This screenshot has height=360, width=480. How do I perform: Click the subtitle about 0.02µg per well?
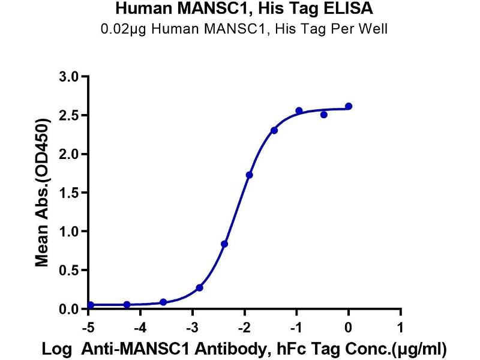pos(242,28)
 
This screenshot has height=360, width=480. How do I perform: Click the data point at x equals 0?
pos(349,106)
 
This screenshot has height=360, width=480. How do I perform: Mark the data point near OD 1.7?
pos(249,175)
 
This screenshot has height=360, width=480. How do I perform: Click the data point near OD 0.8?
pos(224,244)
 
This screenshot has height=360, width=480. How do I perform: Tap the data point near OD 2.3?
pos(274,130)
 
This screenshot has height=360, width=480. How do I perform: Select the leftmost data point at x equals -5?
pos(91,305)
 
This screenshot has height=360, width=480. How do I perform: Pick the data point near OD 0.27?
pos(199,288)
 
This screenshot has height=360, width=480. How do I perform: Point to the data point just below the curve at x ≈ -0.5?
pos(324,115)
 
